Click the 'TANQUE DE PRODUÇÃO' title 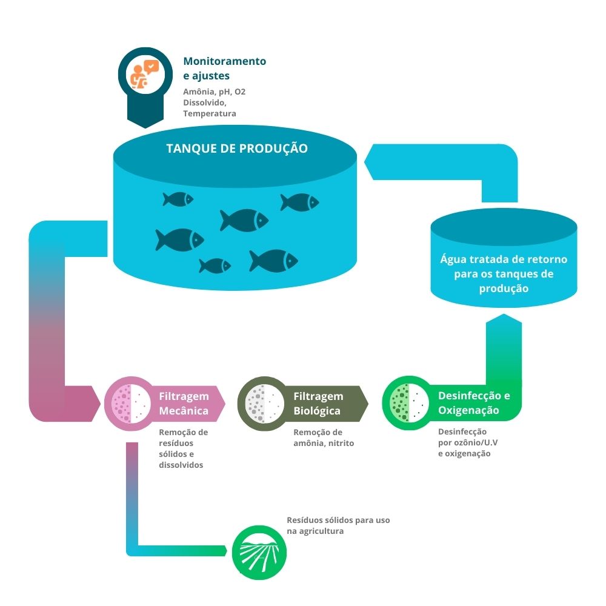pyautogui.click(x=237, y=148)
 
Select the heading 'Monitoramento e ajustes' pyautogui.click(x=224, y=68)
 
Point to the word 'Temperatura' pyautogui.click(x=210, y=113)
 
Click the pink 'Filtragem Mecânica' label pyautogui.click(x=184, y=404)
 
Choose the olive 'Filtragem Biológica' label pyautogui.click(x=319, y=404)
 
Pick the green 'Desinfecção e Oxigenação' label pyautogui.click(x=474, y=404)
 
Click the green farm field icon pyautogui.click(x=259, y=552)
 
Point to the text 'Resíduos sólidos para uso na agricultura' pyautogui.click(x=338, y=525)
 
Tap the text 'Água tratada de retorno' pyautogui.click(x=504, y=259)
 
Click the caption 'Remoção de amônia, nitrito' pyautogui.click(x=324, y=438)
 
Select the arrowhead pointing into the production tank pyautogui.click(x=370, y=162)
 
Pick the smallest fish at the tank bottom pyautogui.click(x=215, y=265)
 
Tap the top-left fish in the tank pyautogui.click(x=178, y=199)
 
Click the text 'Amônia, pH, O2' pyautogui.click(x=215, y=92)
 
